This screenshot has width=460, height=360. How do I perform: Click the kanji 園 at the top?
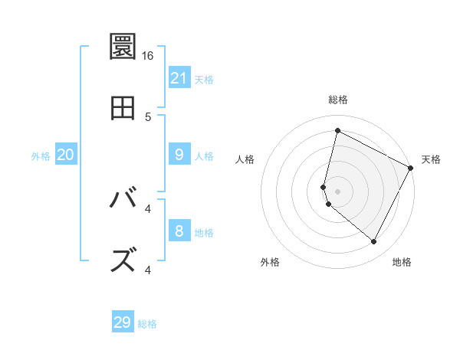pyautogui.click(x=123, y=47)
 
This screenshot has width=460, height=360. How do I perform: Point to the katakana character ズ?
pyautogui.click(x=123, y=260)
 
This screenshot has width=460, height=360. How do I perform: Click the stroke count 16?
pyautogui.click(x=148, y=56)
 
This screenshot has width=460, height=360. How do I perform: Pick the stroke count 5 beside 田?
pyautogui.click(x=148, y=116)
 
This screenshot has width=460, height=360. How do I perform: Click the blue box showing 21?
pyautogui.click(x=179, y=77)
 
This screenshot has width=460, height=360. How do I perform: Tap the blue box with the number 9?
pyautogui.click(x=179, y=155)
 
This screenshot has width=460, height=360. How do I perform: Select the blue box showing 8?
pyautogui.click(x=179, y=231)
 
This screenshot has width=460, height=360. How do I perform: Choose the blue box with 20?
pyautogui.click(x=66, y=155)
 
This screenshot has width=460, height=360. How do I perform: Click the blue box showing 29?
pyautogui.click(x=123, y=322)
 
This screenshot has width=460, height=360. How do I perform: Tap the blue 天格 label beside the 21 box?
pyautogui.click(x=204, y=79)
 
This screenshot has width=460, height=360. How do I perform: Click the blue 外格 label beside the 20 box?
pyautogui.click(x=41, y=156)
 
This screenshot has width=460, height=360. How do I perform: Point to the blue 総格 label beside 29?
pyautogui.click(x=147, y=324)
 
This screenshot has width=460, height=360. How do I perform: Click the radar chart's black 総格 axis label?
pyautogui.click(x=338, y=100)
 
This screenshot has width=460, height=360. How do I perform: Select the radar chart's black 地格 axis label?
pyautogui.click(x=402, y=262)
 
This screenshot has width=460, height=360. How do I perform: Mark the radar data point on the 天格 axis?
pyautogui.click(x=411, y=167)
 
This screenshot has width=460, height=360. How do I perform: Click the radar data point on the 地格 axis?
pyautogui.click(x=374, y=242)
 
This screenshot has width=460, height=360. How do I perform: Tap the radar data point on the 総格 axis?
pyautogui.click(x=337, y=131)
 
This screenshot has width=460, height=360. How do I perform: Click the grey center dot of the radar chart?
pyautogui.click(x=337, y=191)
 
